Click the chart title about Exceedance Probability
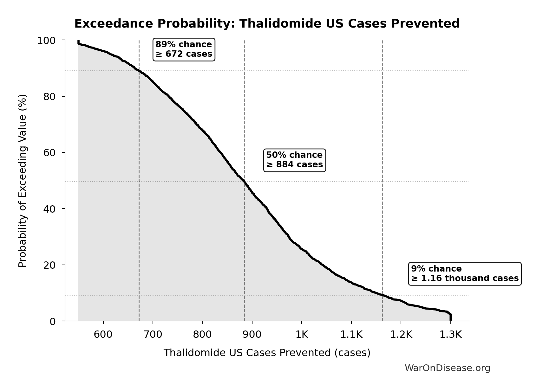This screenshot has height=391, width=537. click(267, 24)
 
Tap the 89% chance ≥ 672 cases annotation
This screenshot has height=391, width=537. click(184, 49)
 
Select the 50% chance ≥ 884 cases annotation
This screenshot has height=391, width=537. click(294, 160)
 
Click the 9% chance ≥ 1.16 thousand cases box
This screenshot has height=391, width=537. click(465, 273)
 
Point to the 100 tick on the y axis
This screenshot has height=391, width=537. click(46, 41)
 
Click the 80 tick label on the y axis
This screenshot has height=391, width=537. click(49, 97)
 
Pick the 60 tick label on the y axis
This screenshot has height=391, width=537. click(49, 153)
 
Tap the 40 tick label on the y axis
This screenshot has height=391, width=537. click(49, 209)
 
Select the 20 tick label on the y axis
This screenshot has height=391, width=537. click(49, 265)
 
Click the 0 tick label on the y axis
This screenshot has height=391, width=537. click(53, 321)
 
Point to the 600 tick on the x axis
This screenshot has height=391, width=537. click(103, 334)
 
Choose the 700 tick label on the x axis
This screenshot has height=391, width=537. click(153, 334)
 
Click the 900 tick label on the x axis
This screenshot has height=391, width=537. click(252, 334)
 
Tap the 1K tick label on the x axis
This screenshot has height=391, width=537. click(302, 334)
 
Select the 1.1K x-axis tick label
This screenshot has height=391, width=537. click(351, 334)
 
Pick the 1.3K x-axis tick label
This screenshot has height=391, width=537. click(450, 334)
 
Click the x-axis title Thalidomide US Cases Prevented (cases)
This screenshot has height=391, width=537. click(267, 353)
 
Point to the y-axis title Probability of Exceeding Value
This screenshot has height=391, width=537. click(23, 181)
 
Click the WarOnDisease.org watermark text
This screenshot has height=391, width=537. click(447, 368)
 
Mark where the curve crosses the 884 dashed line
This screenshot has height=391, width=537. click(244, 182)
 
